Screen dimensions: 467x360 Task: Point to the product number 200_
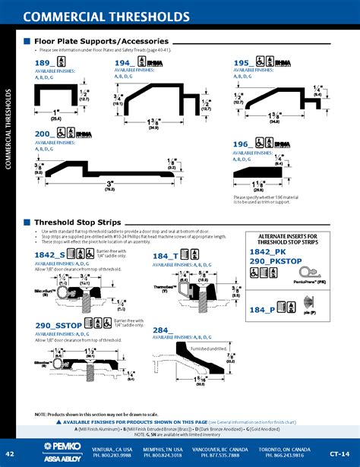coord(45,133)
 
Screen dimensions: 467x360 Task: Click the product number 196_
coord(242,144)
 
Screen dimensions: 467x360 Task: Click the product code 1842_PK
coord(267,251)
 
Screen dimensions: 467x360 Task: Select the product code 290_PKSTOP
coord(274,261)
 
